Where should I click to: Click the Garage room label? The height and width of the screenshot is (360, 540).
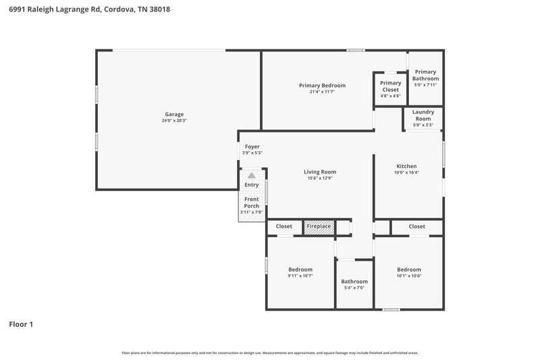coord(174,114)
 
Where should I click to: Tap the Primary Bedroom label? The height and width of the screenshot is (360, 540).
coord(322,85)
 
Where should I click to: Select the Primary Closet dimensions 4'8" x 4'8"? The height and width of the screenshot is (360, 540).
coord(390,96)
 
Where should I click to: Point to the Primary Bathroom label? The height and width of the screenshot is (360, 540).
coord(425,75)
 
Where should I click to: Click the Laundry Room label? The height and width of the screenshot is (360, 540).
coord(423,115)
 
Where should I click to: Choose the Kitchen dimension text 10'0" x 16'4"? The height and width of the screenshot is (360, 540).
coord(406,172)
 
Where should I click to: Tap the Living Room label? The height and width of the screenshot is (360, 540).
coord(319,172)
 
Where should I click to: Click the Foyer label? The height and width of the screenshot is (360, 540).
coord(252,147)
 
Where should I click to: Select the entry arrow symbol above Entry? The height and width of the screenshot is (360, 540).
coord(252,175)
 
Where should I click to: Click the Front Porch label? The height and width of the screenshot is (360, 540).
coord(252,203)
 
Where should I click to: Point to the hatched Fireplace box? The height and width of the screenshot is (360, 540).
coord(319,227)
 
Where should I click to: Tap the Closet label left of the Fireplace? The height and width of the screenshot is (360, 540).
coord(283,227)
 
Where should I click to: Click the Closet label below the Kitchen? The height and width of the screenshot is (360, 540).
coord(416,227)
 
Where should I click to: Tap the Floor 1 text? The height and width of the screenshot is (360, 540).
coord(21,324)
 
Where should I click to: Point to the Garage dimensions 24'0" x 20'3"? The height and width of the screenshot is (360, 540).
coord(174,121)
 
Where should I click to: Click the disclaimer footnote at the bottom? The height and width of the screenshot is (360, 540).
coord(269,353)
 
